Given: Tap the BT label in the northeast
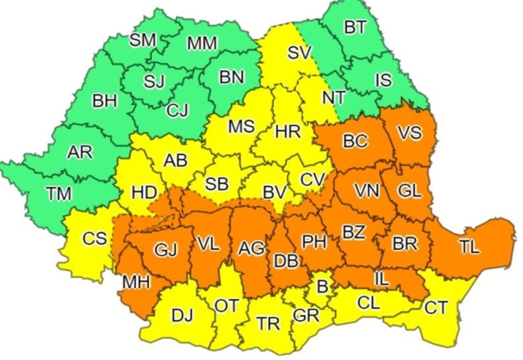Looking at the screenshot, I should tap(356, 28).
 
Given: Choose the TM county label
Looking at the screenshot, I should tap(59, 194).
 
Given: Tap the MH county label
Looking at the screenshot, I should tap(137, 282).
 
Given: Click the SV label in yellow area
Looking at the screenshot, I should tap(300, 52).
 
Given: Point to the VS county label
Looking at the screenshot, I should tap(409, 133).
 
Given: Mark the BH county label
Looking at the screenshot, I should tap(105, 102).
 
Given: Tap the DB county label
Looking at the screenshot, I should tap(287, 260).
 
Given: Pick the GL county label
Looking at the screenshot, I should tap(409, 192).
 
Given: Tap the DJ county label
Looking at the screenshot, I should tap(182, 315).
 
